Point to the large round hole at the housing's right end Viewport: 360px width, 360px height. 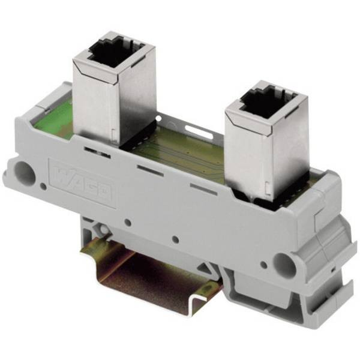pyautogui.click(x=283, y=262)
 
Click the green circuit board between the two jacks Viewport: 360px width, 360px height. pyautogui.click(x=180, y=156)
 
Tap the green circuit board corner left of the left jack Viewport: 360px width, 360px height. pyautogui.click(x=51, y=123)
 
